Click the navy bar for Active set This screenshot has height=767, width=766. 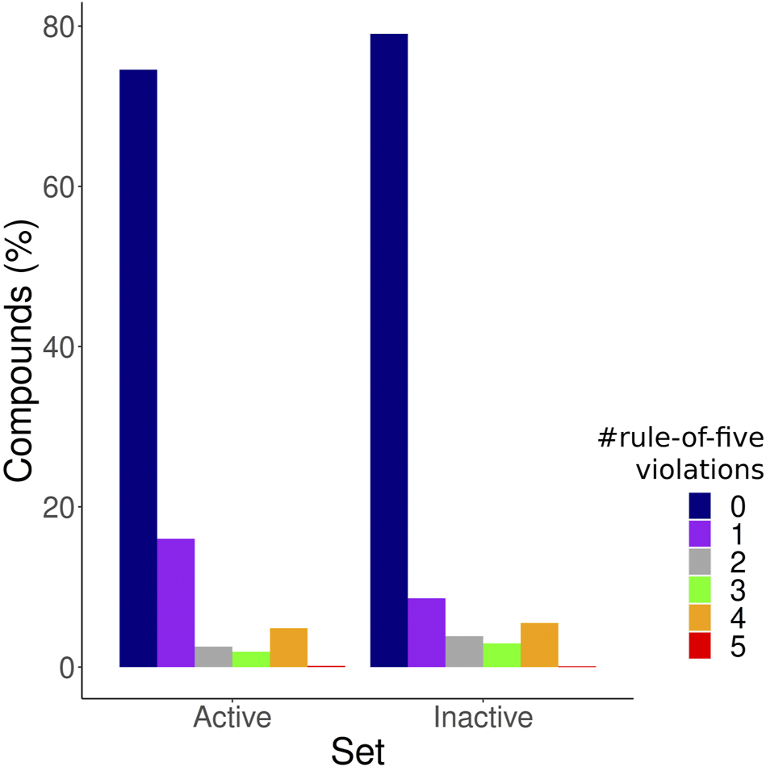138,368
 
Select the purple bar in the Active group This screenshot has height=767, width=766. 176,602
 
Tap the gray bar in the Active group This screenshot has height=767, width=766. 213,656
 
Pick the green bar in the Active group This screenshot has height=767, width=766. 251,659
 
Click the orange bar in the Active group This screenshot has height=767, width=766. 288,648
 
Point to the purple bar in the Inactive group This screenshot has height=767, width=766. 426,632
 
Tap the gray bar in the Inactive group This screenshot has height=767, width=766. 464,652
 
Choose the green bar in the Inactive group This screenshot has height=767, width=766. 501,655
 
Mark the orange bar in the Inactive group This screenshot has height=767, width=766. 539,644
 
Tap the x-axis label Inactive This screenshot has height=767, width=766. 483,718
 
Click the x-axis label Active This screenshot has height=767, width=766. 232,718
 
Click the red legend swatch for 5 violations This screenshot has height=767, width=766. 700,646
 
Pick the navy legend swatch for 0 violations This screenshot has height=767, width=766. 700,506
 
